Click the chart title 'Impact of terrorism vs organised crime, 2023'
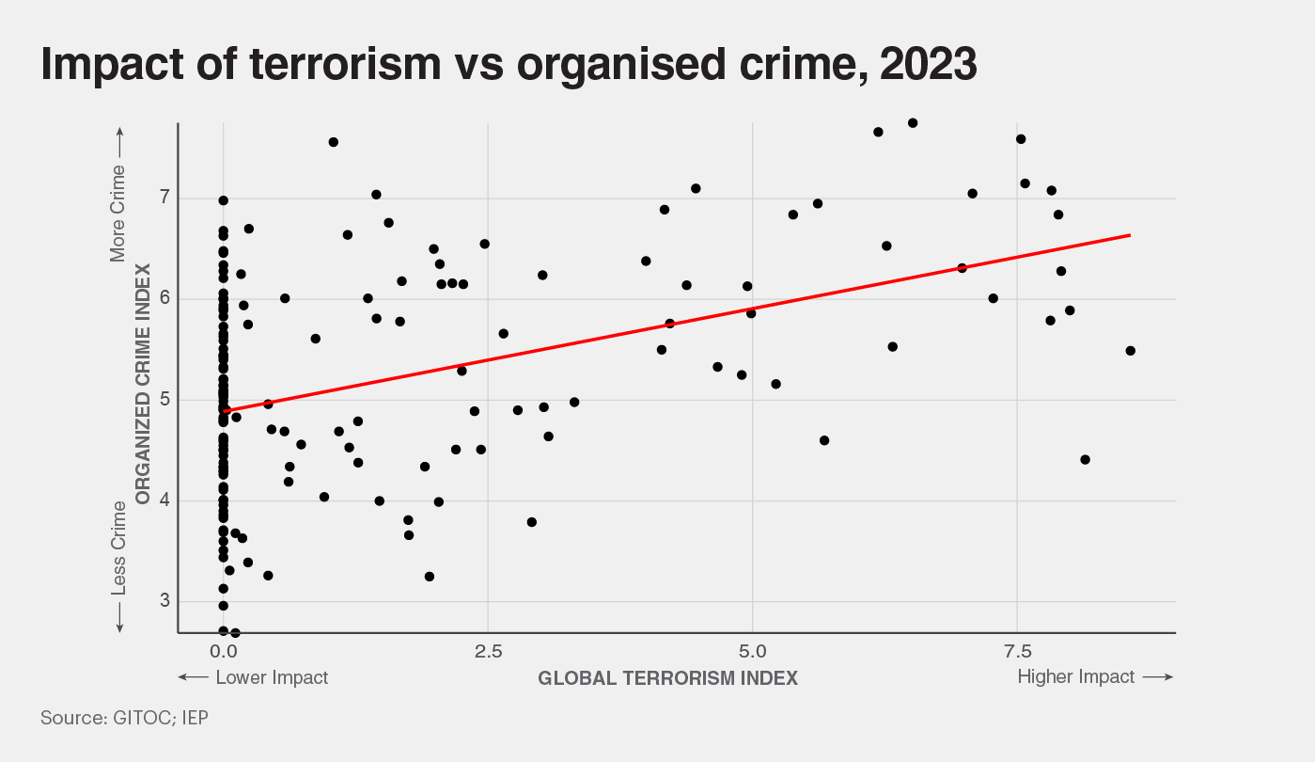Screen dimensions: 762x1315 [x=509, y=64]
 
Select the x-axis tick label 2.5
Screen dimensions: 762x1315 [x=488, y=651]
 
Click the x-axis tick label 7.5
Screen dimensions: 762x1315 [x=1017, y=651]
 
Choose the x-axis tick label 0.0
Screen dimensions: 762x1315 [x=223, y=651]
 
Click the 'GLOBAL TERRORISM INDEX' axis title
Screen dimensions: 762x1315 [x=667, y=677]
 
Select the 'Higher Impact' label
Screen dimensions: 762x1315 [x=1075, y=676]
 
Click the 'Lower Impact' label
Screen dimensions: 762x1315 [x=272, y=677]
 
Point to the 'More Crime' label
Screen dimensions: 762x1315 [x=118, y=214]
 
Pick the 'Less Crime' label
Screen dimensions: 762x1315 [x=118, y=548]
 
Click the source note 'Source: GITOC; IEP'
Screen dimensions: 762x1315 [x=124, y=718]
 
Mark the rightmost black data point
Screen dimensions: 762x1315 [x=1130, y=351]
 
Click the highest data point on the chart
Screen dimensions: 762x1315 [x=913, y=123]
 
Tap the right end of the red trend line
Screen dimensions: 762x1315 [x=1129, y=235]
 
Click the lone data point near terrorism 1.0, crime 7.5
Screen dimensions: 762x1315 [x=333, y=142]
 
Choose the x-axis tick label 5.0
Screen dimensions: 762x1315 [x=752, y=651]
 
